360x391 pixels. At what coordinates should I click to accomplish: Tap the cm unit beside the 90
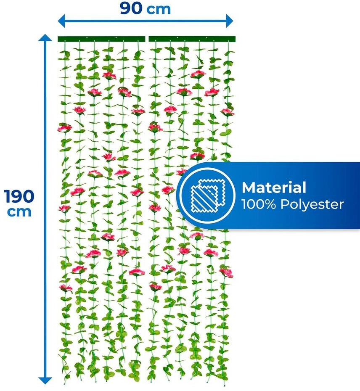[159, 9]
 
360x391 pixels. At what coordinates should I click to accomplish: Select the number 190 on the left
[19, 195]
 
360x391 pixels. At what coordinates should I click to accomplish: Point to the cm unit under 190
[19, 211]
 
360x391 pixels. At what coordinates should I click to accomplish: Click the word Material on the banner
[274, 188]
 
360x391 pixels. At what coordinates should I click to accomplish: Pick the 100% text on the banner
[257, 205]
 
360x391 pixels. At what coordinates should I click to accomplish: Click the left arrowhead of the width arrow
[61, 20]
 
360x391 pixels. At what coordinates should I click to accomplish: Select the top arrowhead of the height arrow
[45, 38]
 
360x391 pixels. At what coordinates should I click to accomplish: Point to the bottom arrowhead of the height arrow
[45, 380]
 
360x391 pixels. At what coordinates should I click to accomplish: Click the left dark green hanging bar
[101, 39]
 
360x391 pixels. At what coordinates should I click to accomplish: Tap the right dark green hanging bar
[192, 39]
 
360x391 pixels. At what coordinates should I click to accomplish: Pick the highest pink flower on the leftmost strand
[64, 127]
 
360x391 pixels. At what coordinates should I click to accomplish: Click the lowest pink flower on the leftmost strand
[65, 288]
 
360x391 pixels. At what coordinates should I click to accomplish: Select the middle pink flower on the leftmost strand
[64, 208]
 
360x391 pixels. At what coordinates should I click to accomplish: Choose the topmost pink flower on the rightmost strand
[228, 112]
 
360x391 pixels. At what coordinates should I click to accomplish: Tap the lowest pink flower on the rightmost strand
[227, 272]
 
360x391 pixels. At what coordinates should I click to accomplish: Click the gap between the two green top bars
[147, 39]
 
